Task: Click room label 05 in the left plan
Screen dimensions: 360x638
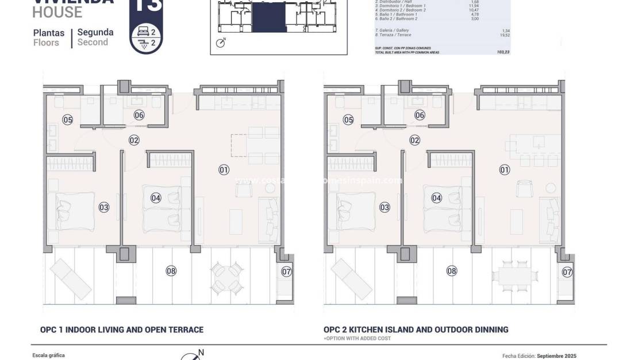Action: (x=68, y=120)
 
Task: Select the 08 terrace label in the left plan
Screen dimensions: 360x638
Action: (x=171, y=271)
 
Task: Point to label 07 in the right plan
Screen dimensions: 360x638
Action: (x=567, y=272)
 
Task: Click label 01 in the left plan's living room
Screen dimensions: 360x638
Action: (x=224, y=170)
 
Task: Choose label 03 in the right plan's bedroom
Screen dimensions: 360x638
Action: (x=385, y=207)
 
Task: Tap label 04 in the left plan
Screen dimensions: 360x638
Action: (x=156, y=198)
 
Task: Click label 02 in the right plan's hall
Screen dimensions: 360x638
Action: (x=414, y=140)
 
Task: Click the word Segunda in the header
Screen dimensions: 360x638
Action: (x=95, y=33)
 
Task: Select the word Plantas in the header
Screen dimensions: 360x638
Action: (x=49, y=33)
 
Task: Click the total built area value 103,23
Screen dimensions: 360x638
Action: (x=503, y=52)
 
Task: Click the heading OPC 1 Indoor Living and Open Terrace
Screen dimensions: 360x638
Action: (x=122, y=330)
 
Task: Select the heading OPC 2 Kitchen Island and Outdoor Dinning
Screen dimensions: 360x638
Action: (x=416, y=330)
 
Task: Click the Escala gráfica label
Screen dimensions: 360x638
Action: (x=49, y=355)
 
